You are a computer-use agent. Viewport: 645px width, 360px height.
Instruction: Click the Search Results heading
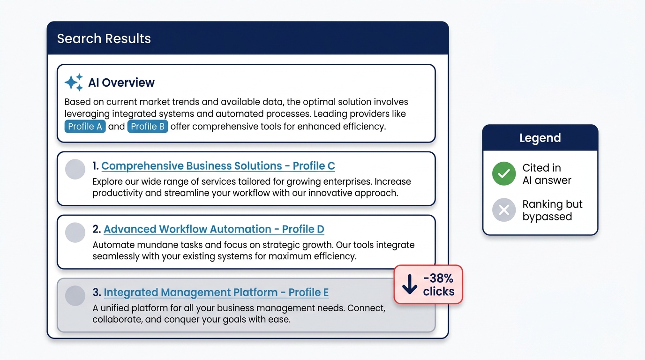click(104, 38)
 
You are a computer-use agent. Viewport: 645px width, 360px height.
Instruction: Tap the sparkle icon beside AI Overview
click(74, 82)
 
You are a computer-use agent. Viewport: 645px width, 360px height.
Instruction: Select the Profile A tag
click(85, 127)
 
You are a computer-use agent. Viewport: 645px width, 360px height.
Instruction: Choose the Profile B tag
click(148, 127)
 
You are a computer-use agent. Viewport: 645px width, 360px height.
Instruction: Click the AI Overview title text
click(121, 82)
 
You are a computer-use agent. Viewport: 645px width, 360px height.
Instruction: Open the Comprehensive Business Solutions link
click(218, 166)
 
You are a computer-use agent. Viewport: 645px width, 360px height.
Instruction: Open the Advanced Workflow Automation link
click(214, 229)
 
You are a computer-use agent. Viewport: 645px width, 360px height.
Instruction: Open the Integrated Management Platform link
click(216, 292)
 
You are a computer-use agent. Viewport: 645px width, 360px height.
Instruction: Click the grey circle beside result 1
click(75, 169)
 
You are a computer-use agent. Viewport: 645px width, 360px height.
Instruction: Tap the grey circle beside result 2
click(75, 232)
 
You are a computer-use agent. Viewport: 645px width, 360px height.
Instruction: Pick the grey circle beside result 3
click(75, 295)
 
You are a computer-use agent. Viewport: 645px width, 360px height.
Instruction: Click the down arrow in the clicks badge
click(410, 284)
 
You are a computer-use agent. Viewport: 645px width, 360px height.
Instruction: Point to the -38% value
click(438, 278)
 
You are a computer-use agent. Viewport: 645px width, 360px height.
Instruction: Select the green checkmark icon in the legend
click(504, 173)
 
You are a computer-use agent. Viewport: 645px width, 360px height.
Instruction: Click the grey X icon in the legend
click(504, 210)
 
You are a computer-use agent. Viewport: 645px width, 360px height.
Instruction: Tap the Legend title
click(540, 138)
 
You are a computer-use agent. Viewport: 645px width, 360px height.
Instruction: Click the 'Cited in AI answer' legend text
click(547, 174)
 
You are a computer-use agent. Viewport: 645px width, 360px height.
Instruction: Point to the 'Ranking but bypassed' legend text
click(552, 210)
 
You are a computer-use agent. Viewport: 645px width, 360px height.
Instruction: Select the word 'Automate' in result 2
click(113, 245)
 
